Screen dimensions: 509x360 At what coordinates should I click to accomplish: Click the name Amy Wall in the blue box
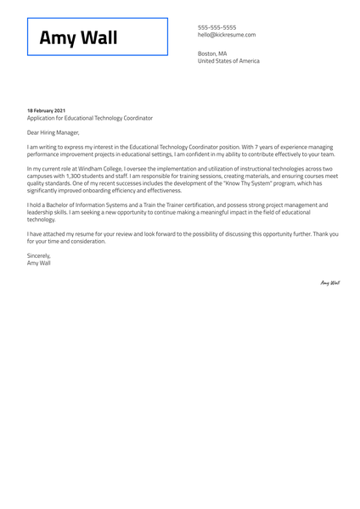79,38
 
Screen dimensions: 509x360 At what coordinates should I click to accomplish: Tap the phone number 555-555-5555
217,27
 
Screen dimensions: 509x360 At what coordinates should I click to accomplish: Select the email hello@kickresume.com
227,35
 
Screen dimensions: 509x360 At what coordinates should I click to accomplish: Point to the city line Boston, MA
212,53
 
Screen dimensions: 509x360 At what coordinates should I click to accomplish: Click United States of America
228,61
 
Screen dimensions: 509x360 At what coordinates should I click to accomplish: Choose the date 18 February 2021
46,111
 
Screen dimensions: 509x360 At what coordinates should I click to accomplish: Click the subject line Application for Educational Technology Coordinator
90,119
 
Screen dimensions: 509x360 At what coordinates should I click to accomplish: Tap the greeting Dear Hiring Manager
53,132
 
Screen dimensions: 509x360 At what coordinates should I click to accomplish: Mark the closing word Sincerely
39,255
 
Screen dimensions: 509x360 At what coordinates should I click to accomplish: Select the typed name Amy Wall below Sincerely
39,263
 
